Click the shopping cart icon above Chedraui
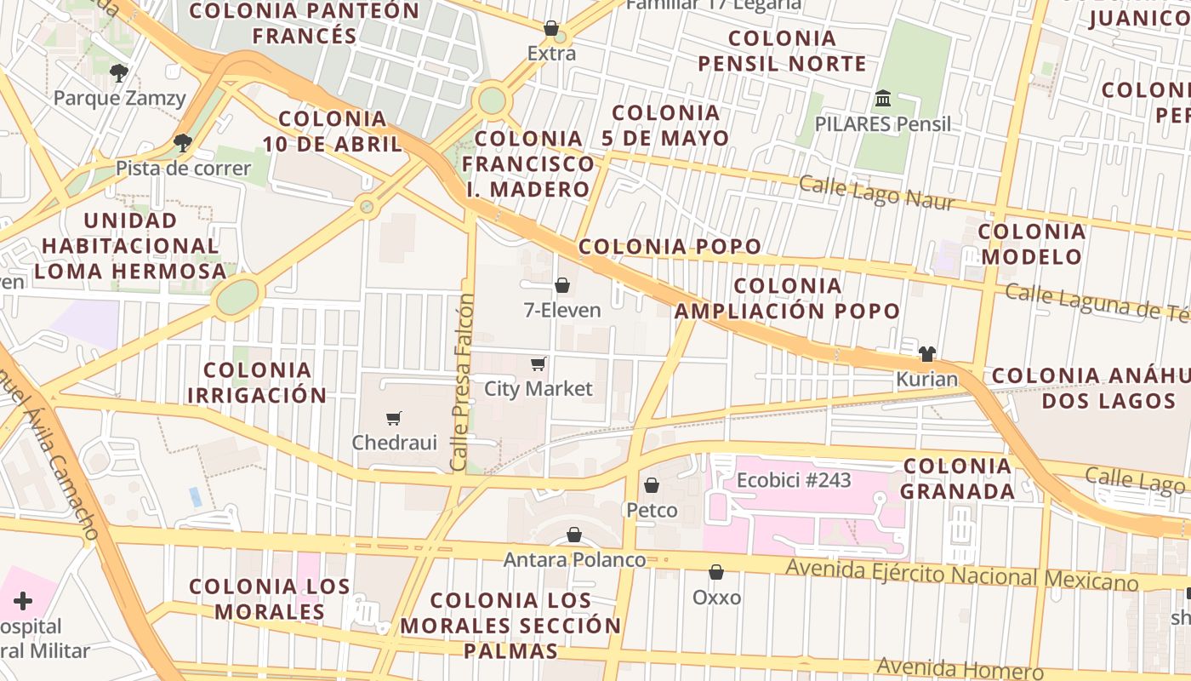point(393,418)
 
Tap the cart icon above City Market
point(538,364)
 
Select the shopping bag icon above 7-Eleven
point(561,285)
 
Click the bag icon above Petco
point(652,485)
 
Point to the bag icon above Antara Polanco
point(574,535)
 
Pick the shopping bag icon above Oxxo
point(716,572)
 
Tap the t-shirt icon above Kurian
point(927,353)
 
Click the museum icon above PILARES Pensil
point(882,99)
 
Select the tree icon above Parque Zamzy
point(119,72)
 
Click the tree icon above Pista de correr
point(182,142)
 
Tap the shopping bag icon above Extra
point(551,28)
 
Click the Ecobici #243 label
point(794,480)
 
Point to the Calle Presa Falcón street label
point(461,382)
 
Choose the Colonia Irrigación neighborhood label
point(257,382)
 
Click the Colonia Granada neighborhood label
point(958,478)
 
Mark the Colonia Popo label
point(670,247)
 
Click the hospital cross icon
point(23,602)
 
